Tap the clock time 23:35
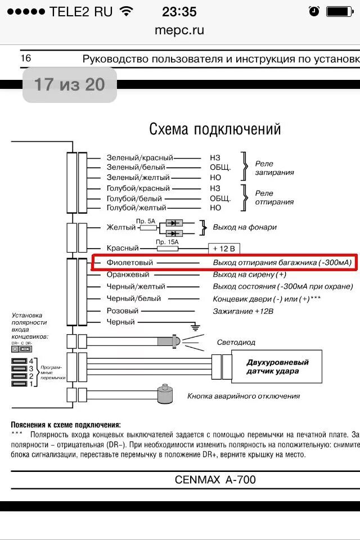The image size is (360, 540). click(179, 11)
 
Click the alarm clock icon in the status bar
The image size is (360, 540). click(314, 11)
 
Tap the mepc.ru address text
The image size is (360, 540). click(179, 30)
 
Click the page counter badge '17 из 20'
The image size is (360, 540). click(69, 85)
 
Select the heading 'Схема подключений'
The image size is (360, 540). click(214, 129)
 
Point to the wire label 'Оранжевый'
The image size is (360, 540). click(128, 274)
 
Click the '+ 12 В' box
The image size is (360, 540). click(224, 248)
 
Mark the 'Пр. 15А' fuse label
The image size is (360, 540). click(167, 242)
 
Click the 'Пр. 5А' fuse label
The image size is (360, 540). click(146, 222)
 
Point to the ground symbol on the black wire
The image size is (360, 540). click(195, 325)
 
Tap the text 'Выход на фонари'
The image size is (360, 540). click(244, 227)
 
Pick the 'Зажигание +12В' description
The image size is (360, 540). click(244, 311)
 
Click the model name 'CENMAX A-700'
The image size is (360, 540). click(215, 480)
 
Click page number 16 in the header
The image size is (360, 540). click(26, 58)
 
